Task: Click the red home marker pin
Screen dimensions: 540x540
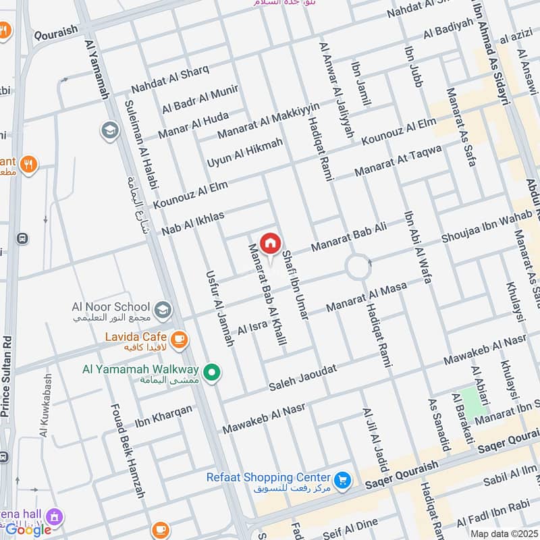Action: coord(270,244)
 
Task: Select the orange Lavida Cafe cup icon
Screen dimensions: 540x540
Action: coord(178,340)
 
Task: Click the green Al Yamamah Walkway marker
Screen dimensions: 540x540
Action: coord(213,372)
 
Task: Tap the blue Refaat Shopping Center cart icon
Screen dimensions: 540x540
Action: coord(343,480)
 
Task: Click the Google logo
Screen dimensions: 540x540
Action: coord(28,530)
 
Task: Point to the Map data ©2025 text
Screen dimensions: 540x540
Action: coord(504,534)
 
